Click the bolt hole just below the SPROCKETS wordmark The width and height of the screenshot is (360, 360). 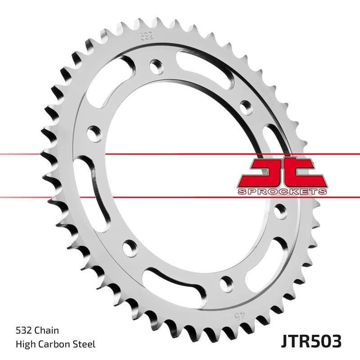pos(279,210)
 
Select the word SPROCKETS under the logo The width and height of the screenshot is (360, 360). pos(282,192)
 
